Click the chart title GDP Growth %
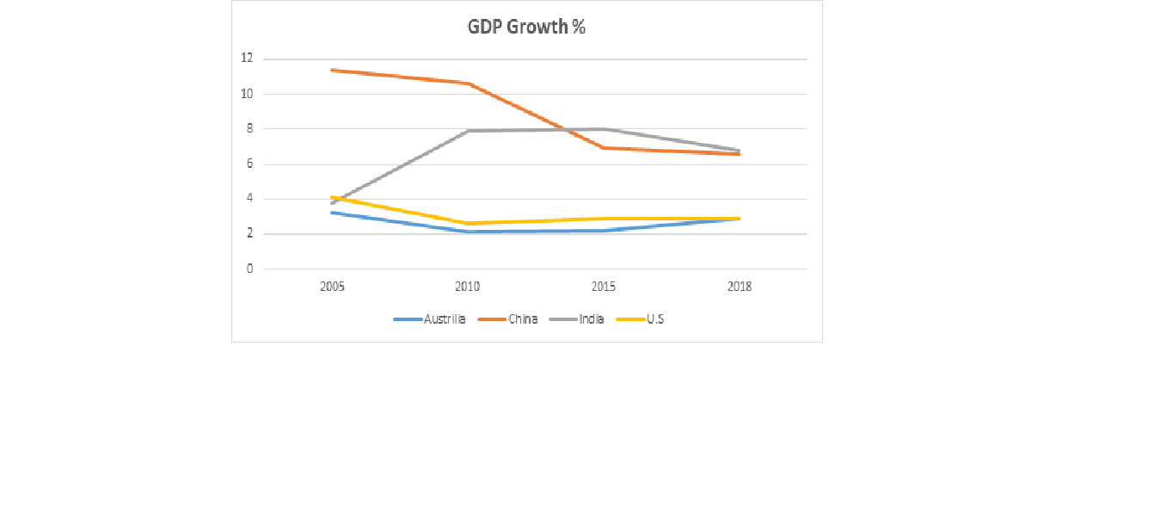[526, 28]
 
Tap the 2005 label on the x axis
[332, 287]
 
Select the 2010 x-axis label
[468, 287]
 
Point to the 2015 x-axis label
[604, 287]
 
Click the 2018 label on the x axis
[740, 287]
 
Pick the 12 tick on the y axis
[248, 59]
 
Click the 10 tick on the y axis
[248, 94]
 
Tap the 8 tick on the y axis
[249, 129]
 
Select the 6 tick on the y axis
[249, 164]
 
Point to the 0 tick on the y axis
[249, 269]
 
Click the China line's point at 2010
[468, 83]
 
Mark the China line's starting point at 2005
[332, 70]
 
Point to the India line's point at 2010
[468, 131]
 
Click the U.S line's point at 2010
[468, 223]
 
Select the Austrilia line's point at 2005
[332, 213]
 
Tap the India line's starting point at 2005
[332, 203]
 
